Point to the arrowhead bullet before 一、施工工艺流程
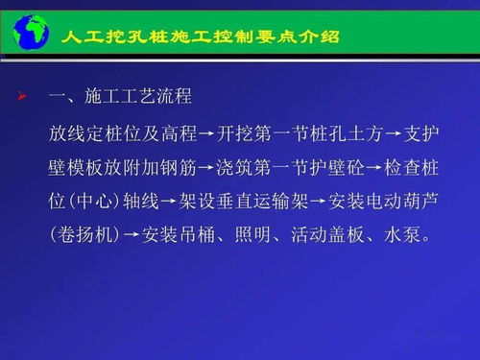(23, 96)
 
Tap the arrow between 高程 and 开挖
(204, 132)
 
